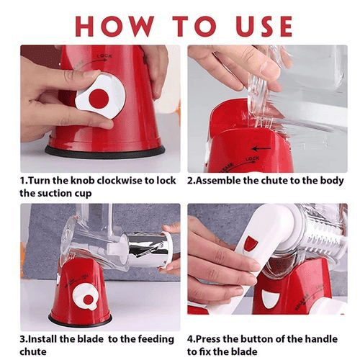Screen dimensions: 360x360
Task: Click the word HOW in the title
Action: [x=114, y=26]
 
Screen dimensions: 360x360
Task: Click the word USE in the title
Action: [x=264, y=26]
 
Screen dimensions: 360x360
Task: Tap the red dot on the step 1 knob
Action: [x=99, y=99]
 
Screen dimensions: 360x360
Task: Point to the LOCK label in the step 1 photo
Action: [x=104, y=56]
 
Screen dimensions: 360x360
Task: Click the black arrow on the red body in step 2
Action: [x=261, y=149]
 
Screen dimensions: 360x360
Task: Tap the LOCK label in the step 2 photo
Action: [x=252, y=159]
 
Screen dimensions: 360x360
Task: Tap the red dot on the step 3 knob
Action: [x=88, y=300]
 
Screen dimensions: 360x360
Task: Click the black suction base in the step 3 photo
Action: [x=80, y=320]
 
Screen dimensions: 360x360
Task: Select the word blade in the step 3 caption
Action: [x=90, y=339]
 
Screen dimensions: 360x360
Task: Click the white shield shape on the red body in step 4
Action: [x=271, y=299]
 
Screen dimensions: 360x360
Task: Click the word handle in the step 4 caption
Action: [x=321, y=339]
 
